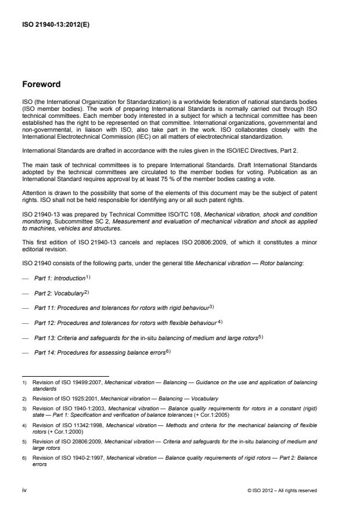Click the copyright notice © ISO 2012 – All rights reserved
click(282, 490)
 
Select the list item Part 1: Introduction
click(61, 278)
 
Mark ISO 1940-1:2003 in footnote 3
click(77, 409)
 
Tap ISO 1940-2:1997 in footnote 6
click(77, 459)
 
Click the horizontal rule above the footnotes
click(66, 376)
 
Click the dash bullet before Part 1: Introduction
click(26, 279)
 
